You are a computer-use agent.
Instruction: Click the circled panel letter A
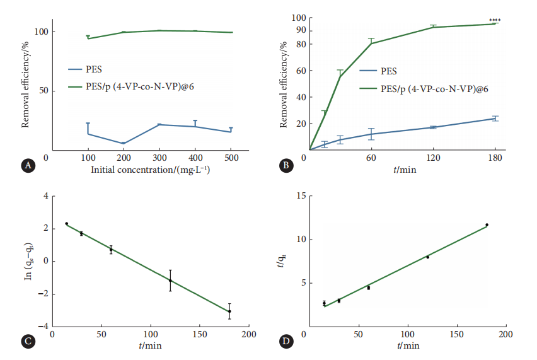point(26,166)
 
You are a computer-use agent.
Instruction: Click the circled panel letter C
point(26,342)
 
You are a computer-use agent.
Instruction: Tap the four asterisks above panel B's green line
point(495,21)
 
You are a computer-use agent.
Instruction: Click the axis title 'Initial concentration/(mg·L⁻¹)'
point(150,170)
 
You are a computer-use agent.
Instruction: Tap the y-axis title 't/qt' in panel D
point(289,260)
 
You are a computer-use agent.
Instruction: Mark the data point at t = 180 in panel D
point(487,225)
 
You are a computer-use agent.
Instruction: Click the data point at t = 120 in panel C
point(170,280)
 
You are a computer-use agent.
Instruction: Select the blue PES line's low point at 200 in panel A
point(124,143)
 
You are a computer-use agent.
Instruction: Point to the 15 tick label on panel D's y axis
point(301,196)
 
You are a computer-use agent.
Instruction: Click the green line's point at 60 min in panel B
point(372,44)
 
